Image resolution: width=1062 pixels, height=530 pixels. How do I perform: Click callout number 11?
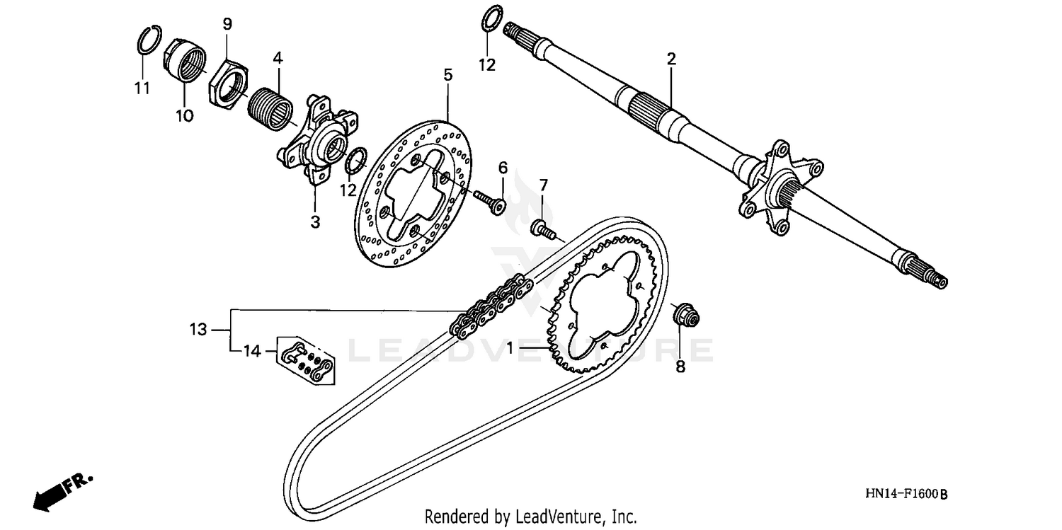(x=142, y=88)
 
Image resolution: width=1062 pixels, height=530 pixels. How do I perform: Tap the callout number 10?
(x=184, y=115)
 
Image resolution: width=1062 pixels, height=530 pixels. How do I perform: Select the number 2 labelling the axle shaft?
(x=671, y=59)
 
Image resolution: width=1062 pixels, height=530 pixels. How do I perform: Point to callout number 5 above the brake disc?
(x=447, y=74)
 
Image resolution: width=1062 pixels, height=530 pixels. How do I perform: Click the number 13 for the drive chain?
(x=198, y=329)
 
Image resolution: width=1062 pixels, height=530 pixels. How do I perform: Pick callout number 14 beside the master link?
(x=251, y=350)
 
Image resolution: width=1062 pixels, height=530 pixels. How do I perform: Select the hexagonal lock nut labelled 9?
(x=228, y=83)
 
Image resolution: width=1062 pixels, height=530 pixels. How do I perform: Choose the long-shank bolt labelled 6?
(x=488, y=198)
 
